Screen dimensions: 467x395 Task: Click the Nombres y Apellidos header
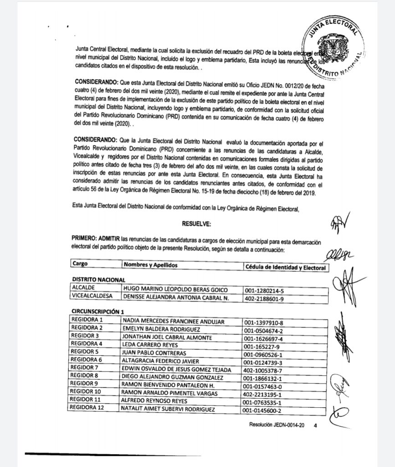coord(150,265)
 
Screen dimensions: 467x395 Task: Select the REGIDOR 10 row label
coord(87,393)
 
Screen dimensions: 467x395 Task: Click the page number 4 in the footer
coord(315,425)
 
